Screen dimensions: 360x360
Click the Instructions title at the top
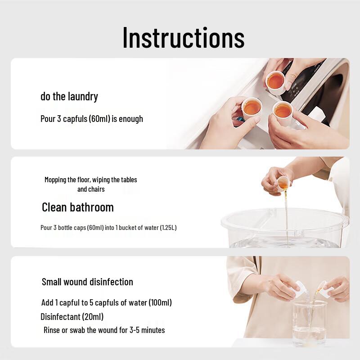(183, 38)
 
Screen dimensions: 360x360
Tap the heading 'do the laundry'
(69, 96)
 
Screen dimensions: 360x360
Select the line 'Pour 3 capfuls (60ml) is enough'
(92, 119)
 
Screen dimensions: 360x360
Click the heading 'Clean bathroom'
(77, 207)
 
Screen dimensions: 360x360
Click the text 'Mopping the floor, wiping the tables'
(90, 180)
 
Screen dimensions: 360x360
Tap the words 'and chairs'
(90, 189)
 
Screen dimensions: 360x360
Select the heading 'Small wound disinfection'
(87, 282)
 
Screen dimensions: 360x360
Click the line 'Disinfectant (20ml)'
(72, 316)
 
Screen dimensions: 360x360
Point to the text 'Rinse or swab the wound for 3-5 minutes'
(104, 330)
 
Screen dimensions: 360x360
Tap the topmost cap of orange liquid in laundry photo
(275, 81)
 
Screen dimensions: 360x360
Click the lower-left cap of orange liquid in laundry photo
(252, 108)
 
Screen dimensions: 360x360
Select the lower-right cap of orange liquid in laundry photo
(283, 111)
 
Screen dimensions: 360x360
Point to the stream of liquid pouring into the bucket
(286, 216)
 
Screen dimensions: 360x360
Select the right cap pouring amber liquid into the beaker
(323, 288)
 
